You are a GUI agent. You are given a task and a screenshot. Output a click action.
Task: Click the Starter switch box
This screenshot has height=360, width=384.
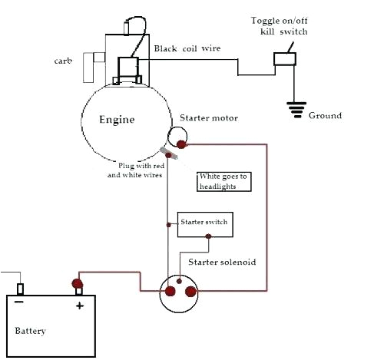(203, 223)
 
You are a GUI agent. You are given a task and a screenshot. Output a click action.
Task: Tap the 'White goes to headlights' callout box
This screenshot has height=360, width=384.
(223, 180)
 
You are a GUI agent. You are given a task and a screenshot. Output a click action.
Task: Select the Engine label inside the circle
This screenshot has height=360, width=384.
(117, 120)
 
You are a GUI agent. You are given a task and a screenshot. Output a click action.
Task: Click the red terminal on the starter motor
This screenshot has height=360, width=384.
(181, 144)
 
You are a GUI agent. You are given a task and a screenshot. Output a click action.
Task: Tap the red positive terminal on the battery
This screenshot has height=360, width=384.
(78, 286)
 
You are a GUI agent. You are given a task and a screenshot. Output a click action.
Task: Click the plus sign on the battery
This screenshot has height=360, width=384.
(78, 305)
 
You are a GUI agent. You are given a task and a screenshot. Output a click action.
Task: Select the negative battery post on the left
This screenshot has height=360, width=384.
(22, 289)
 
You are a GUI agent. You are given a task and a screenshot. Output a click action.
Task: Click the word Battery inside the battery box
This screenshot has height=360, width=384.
(31, 331)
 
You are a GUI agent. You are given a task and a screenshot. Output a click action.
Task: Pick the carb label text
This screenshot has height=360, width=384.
(64, 59)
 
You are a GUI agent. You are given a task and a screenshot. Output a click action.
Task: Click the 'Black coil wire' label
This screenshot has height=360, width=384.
(187, 48)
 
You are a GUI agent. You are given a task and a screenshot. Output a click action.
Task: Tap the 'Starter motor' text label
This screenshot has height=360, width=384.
(209, 118)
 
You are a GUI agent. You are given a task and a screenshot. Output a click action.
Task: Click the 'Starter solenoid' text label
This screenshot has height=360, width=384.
(222, 262)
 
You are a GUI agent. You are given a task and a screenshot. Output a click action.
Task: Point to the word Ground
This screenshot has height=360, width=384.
(326, 116)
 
